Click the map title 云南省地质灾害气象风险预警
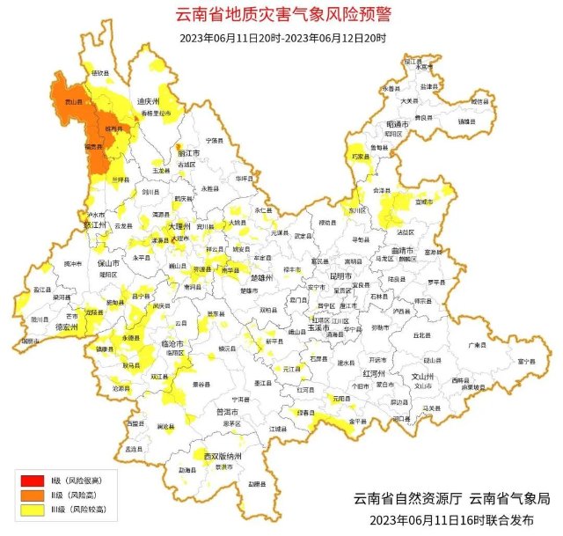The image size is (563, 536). [x=281, y=15]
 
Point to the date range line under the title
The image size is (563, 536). [x=281, y=38]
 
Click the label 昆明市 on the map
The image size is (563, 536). [x=340, y=275]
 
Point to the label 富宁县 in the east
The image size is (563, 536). [x=526, y=361]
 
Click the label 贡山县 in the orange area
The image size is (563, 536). [x=64, y=102]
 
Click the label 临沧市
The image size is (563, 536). [x=172, y=343]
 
